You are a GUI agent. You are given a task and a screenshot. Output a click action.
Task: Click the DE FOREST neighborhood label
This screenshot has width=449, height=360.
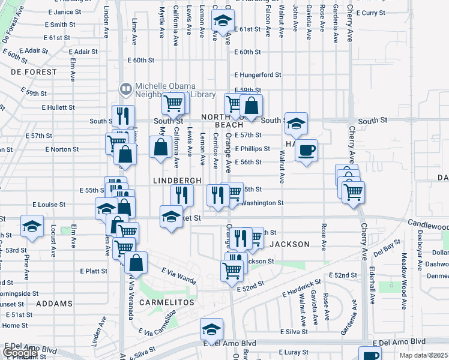pyautogui.click(x=34, y=72)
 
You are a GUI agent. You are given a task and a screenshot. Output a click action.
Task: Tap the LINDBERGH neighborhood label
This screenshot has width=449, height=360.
pyautogui.click(x=177, y=181)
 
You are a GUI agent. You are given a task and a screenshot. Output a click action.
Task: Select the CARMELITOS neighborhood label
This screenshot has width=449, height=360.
pyautogui.click(x=167, y=302)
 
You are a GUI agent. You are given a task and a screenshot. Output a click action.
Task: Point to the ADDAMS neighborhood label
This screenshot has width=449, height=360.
pyautogui.click(x=55, y=304)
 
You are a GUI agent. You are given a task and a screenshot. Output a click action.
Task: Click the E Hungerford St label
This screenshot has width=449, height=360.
pyautogui.click(x=258, y=75)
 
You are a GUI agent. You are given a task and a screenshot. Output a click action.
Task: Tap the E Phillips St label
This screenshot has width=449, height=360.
pyautogui.click(x=256, y=149)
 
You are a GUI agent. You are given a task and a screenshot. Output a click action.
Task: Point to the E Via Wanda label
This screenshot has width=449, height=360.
pyautogui.click(x=179, y=277)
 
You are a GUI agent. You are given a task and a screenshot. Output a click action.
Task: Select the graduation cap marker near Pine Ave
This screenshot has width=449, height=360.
pyautogui.click(x=32, y=226)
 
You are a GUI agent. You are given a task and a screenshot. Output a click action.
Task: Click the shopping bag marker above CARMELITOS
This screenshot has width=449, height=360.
pyautogui.click(x=137, y=262)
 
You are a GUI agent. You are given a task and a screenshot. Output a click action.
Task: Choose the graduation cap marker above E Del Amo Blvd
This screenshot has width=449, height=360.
pyautogui.click(x=211, y=329)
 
